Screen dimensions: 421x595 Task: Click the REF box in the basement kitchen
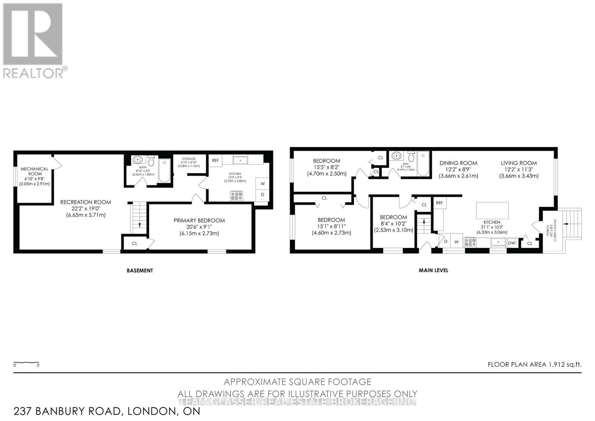(215, 160)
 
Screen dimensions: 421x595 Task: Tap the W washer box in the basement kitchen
(263, 184)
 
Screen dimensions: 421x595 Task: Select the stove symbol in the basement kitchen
(236, 196)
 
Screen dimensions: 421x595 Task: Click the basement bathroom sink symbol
(138, 160)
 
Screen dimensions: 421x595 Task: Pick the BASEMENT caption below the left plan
(140, 271)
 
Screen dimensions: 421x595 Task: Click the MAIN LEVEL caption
(433, 270)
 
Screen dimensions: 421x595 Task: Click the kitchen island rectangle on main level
(492, 210)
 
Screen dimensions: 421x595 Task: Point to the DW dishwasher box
(512, 243)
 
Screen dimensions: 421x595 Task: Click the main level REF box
(440, 203)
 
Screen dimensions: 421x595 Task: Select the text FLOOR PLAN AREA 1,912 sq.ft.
(534, 364)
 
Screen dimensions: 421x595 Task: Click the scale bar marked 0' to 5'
(26, 363)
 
